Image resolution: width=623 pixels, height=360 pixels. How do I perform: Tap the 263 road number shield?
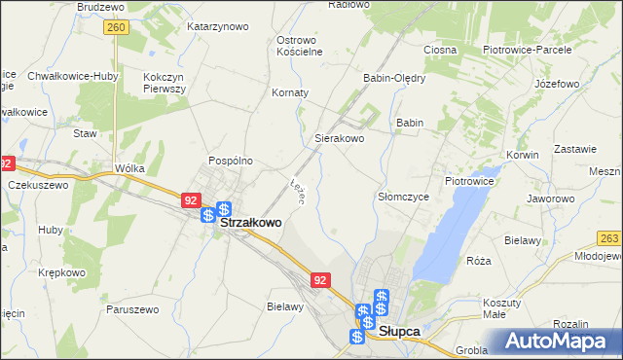tap(610, 237)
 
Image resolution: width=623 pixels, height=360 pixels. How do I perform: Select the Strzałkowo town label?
tap(251, 222)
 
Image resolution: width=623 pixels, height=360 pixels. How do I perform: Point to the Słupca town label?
tap(399, 331)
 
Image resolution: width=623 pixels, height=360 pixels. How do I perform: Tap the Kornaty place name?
tap(290, 92)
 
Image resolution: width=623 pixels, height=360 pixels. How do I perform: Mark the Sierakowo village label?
tap(339, 139)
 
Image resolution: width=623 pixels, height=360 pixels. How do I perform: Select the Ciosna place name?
tap(440, 50)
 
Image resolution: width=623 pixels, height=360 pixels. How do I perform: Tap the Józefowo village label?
tap(557, 84)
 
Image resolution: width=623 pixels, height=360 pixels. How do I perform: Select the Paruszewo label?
tap(132, 308)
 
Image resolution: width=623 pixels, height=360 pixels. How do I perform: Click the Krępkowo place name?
tap(60, 273)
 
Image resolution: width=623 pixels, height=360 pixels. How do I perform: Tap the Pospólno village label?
tap(231, 161)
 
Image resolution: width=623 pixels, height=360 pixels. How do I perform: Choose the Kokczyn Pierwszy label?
tap(164, 82)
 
